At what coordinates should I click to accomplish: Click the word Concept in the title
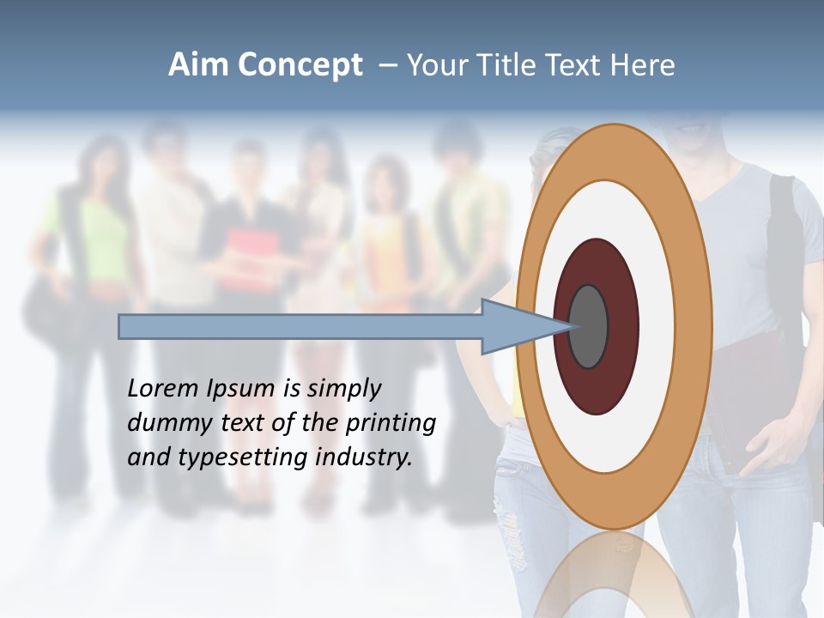point(299,65)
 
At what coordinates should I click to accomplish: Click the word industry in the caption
point(364,457)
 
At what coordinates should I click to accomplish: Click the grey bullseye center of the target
point(589,326)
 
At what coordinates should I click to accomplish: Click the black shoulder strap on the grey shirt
point(785,232)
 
